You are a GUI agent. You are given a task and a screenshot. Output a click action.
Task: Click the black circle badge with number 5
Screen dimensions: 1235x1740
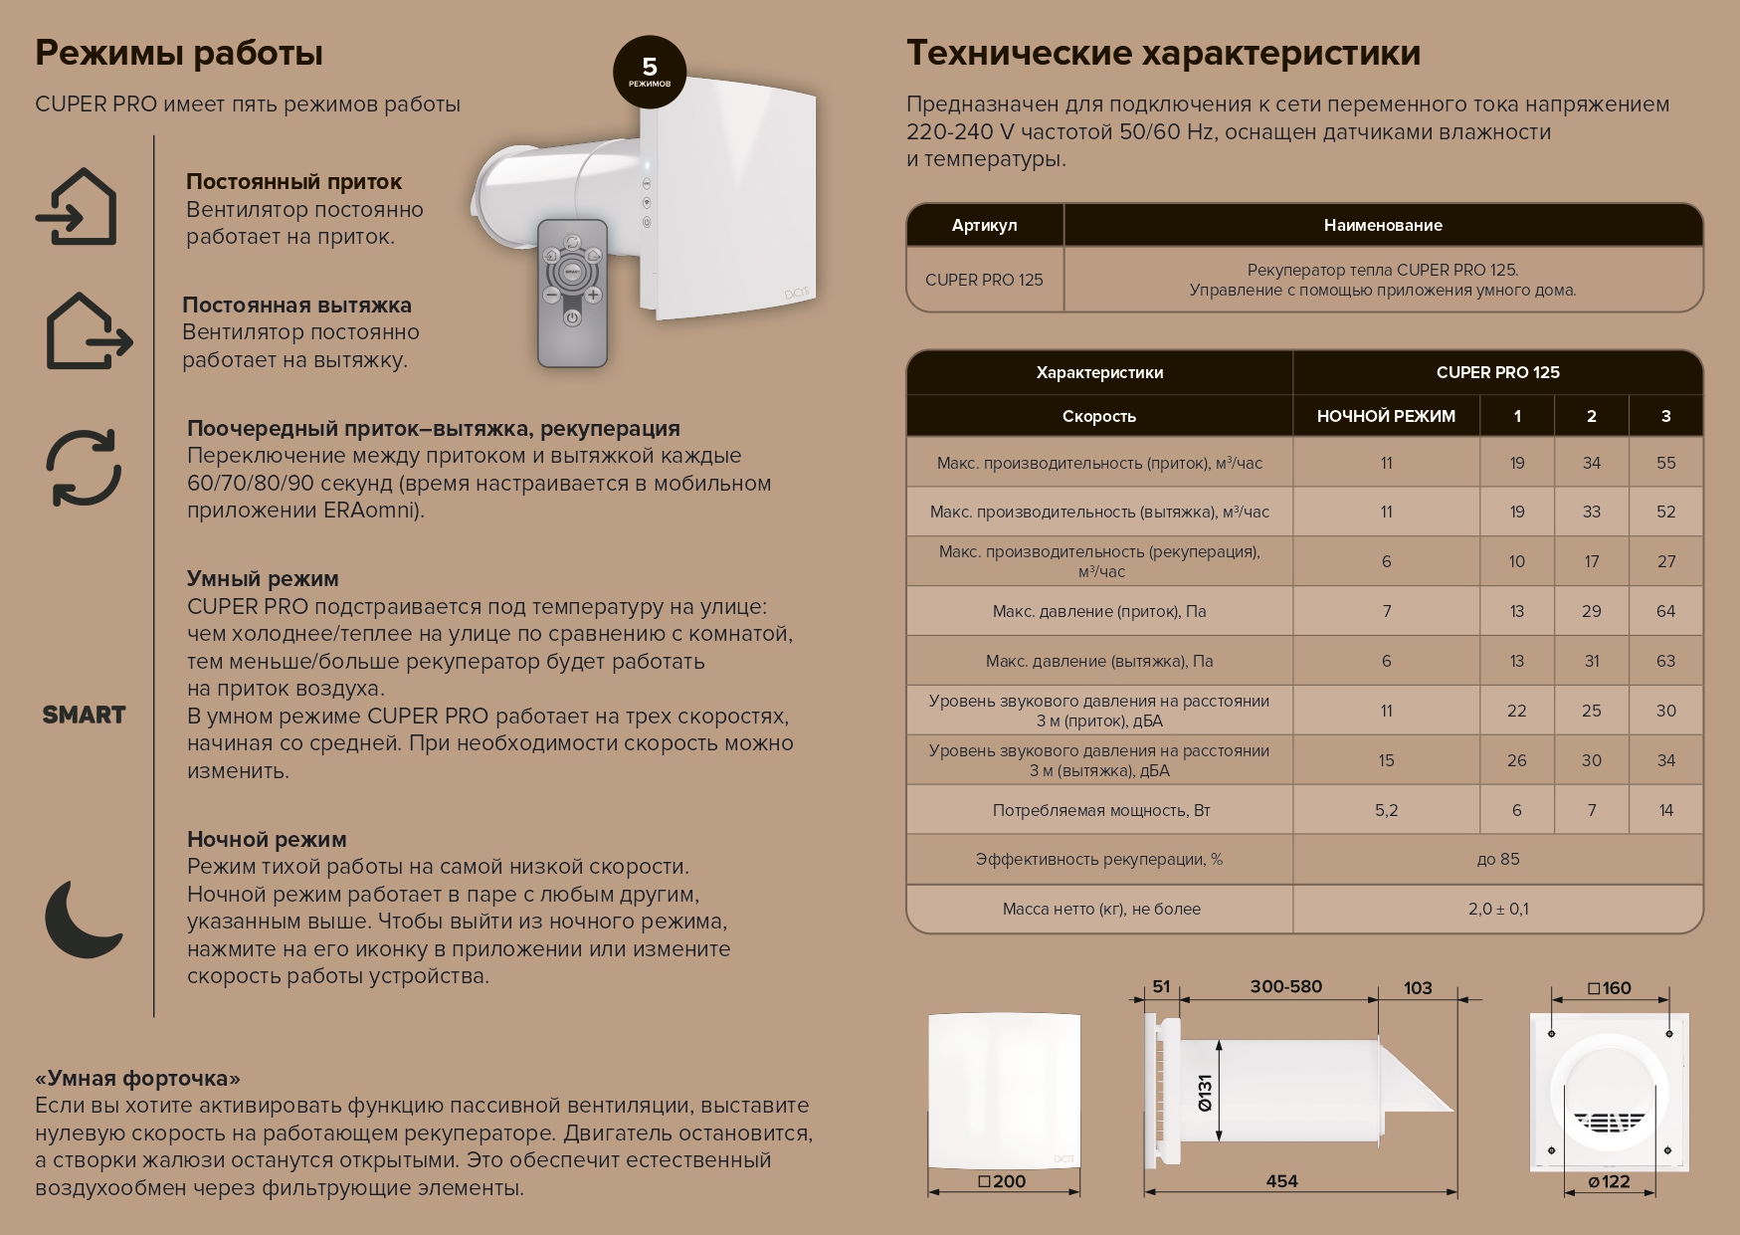(x=650, y=72)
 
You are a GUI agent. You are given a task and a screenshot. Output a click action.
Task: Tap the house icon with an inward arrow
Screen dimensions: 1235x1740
(x=78, y=207)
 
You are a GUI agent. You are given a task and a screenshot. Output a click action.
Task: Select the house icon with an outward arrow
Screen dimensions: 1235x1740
(x=88, y=331)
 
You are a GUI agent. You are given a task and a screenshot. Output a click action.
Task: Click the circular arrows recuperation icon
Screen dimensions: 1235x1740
(x=84, y=468)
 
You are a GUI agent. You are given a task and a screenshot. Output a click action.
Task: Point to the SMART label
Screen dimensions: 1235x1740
(x=84, y=715)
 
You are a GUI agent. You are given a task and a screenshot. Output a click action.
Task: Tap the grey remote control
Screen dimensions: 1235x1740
(x=572, y=294)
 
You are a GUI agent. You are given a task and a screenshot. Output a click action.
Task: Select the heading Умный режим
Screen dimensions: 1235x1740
(x=263, y=579)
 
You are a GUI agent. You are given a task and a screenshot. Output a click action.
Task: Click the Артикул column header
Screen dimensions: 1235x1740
(x=984, y=225)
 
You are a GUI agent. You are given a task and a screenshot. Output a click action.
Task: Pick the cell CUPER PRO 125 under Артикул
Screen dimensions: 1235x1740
(x=984, y=280)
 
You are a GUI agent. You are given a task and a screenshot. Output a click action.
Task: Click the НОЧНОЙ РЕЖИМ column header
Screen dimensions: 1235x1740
(x=1386, y=416)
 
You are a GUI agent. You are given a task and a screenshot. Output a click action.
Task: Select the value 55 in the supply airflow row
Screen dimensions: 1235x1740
(x=1665, y=463)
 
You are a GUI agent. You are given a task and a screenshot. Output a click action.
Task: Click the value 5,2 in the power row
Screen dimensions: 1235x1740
(x=1386, y=810)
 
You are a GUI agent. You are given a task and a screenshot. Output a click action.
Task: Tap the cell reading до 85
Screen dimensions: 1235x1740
(x=1497, y=859)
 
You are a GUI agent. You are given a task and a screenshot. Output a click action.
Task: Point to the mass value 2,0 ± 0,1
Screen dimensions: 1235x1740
(x=1497, y=909)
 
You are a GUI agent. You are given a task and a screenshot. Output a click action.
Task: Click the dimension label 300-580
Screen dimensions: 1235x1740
(x=1285, y=986)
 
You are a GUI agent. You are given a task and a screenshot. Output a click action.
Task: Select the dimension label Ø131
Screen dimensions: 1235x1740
(x=1205, y=1092)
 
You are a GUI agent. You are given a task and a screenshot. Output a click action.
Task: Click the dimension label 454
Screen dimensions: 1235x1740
(x=1281, y=1181)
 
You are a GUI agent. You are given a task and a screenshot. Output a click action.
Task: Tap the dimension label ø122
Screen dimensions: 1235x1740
(x=1609, y=1181)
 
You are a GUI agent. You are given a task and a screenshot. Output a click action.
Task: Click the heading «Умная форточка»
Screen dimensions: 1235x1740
(x=137, y=1079)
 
